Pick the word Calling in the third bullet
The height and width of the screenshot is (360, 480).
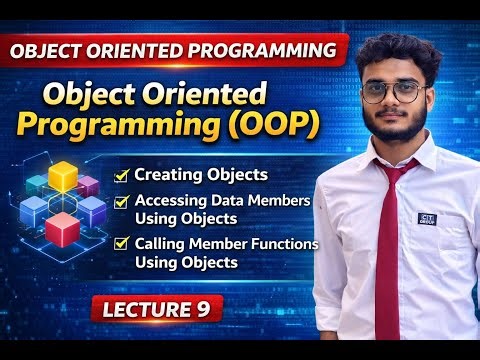click(159, 243)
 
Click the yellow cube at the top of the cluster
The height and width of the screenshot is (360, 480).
click(63, 176)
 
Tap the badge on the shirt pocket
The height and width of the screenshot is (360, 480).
click(432, 220)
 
